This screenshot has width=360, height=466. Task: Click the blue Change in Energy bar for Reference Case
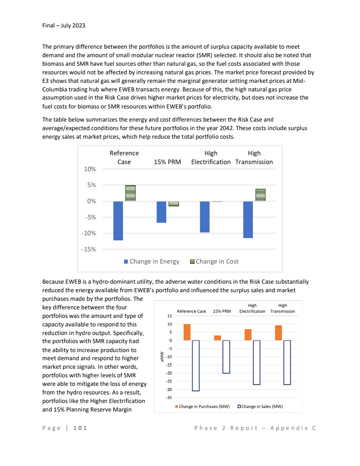pyautogui.click(x=118, y=221)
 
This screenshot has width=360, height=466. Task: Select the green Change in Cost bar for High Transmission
pyautogui.click(x=261, y=195)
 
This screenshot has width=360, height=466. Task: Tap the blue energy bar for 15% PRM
pyautogui.click(x=162, y=212)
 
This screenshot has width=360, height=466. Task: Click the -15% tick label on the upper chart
pyautogui.click(x=90, y=249)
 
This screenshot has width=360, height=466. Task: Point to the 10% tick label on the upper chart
pyautogui.click(x=90, y=169)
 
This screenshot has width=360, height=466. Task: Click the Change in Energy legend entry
pyautogui.click(x=152, y=262)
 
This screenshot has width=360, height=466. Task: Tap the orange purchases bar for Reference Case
pyautogui.click(x=187, y=332)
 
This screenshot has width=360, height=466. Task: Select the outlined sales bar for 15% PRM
pyautogui.click(x=226, y=357)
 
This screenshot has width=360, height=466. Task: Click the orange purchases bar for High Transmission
pyautogui.click(x=279, y=333)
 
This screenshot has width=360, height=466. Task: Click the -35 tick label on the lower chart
pyautogui.click(x=169, y=398)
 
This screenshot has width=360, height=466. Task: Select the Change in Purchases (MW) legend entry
pyautogui.click(x=202, y=406)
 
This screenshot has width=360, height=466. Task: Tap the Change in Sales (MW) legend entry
pyautogui.click(x=260, y=406)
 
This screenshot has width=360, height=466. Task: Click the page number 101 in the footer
pyautogui.click(x=80, y=428)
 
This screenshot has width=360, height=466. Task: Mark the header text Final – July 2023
pyautogui.click(x=63, y=26)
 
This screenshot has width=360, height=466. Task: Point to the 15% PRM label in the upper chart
pyautogui.click(x=167, y=162)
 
